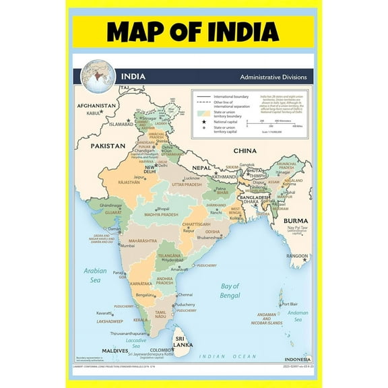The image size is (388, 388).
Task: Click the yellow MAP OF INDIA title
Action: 193,31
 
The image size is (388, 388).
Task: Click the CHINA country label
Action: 246,151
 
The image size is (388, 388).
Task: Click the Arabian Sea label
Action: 96,275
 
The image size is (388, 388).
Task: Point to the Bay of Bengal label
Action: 230,291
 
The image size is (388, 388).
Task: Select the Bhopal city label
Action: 164,209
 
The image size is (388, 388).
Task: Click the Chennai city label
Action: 185,294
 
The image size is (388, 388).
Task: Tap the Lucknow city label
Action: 192,177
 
